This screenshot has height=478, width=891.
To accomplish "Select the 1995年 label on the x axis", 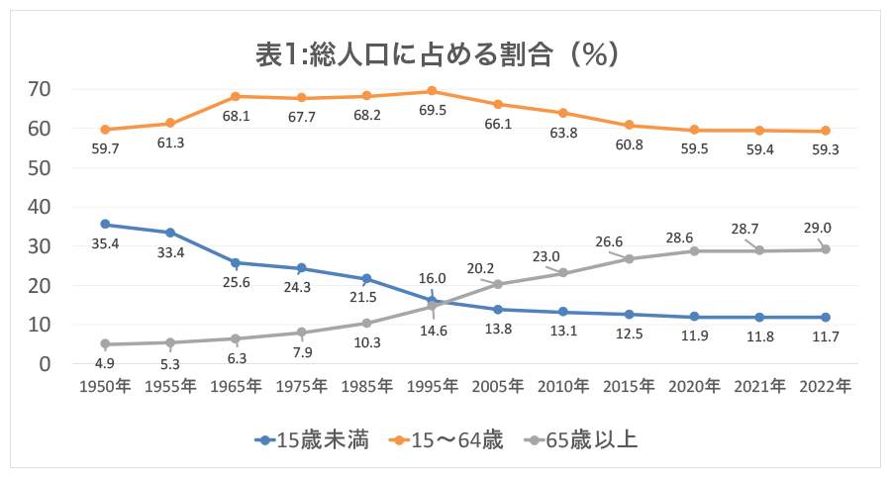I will tap(433, 388).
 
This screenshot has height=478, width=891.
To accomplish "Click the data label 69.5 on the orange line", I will tap(433, 110).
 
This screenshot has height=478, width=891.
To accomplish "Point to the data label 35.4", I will tap(104, 243).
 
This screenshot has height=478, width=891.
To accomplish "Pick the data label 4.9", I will tap(104, 363).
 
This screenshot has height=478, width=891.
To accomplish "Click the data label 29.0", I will tap(819, 228).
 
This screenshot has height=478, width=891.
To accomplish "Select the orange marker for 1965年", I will tap(236, 96).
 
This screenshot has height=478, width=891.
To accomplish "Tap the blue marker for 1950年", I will tap(104, 225).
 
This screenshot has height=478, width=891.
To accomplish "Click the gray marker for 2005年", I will tap(498, 284).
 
